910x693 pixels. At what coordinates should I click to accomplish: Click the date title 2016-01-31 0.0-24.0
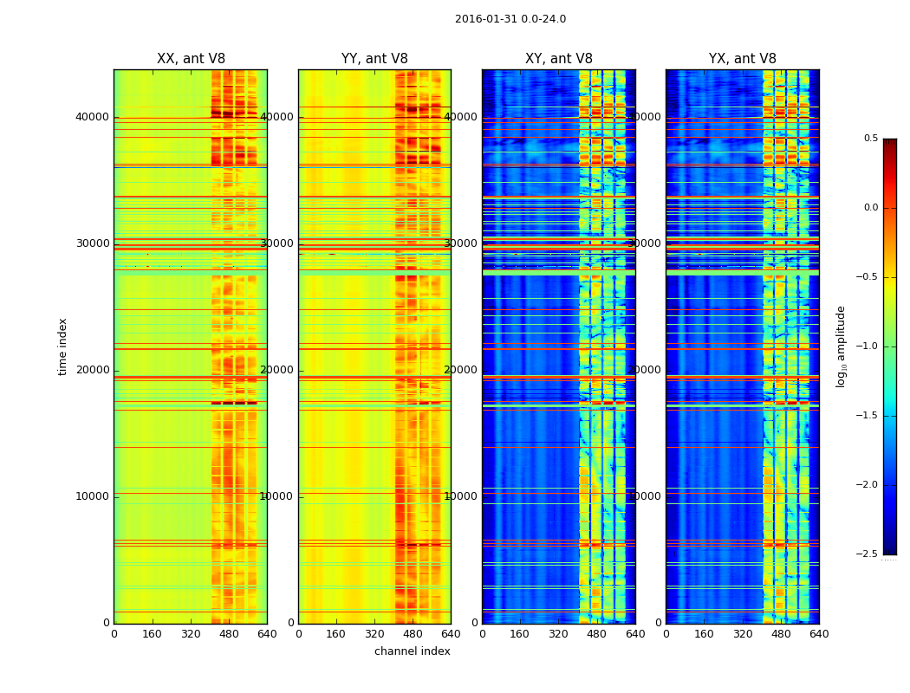[510, 19]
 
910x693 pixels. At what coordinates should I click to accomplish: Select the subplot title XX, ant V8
[191, 59]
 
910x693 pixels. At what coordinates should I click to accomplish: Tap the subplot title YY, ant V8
[374, 59]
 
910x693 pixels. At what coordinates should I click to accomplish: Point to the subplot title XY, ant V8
[559, 59]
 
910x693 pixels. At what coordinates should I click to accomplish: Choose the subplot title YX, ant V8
[743, 59]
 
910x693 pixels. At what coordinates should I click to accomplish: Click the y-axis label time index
[62, 346]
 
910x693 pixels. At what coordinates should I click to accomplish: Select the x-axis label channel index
[413, 651]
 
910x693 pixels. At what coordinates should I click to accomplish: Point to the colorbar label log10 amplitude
[841, 346]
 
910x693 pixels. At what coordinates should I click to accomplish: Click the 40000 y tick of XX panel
[93, 117]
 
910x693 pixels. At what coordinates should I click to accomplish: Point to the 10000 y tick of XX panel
[93, 496]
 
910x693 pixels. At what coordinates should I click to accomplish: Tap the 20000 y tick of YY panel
[277, 370]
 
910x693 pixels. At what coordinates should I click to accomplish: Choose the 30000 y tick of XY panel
[461, 243]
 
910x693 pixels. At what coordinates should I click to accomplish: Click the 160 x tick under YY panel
[336, 634]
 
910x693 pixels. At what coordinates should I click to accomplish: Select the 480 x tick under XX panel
[229, 634]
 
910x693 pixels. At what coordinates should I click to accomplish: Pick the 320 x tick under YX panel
[743, 634]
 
